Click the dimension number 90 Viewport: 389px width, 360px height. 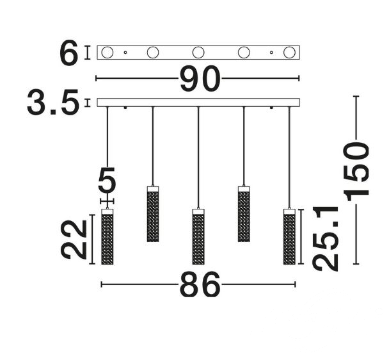coord(200,79)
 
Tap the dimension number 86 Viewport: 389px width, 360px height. coord(200,284)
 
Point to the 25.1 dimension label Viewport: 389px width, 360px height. coord(326,238)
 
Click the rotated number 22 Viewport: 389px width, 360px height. coord(74,240)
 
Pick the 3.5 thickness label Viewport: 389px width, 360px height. coord(53,102)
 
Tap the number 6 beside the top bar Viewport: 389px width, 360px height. coord(69,53)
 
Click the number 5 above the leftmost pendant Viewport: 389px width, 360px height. coord(107,181)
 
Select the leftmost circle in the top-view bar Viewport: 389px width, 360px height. coord(107,53)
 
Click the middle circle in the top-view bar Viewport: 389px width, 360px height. coord(198,53)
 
